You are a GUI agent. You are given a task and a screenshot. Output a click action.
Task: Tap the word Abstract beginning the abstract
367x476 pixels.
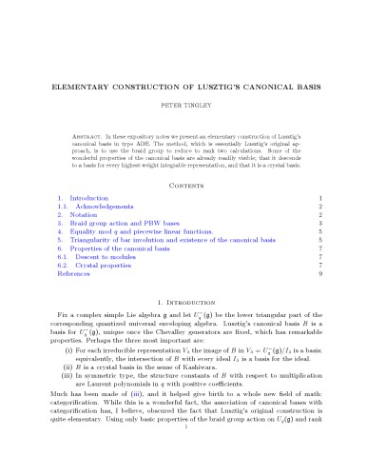coord(90,138)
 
